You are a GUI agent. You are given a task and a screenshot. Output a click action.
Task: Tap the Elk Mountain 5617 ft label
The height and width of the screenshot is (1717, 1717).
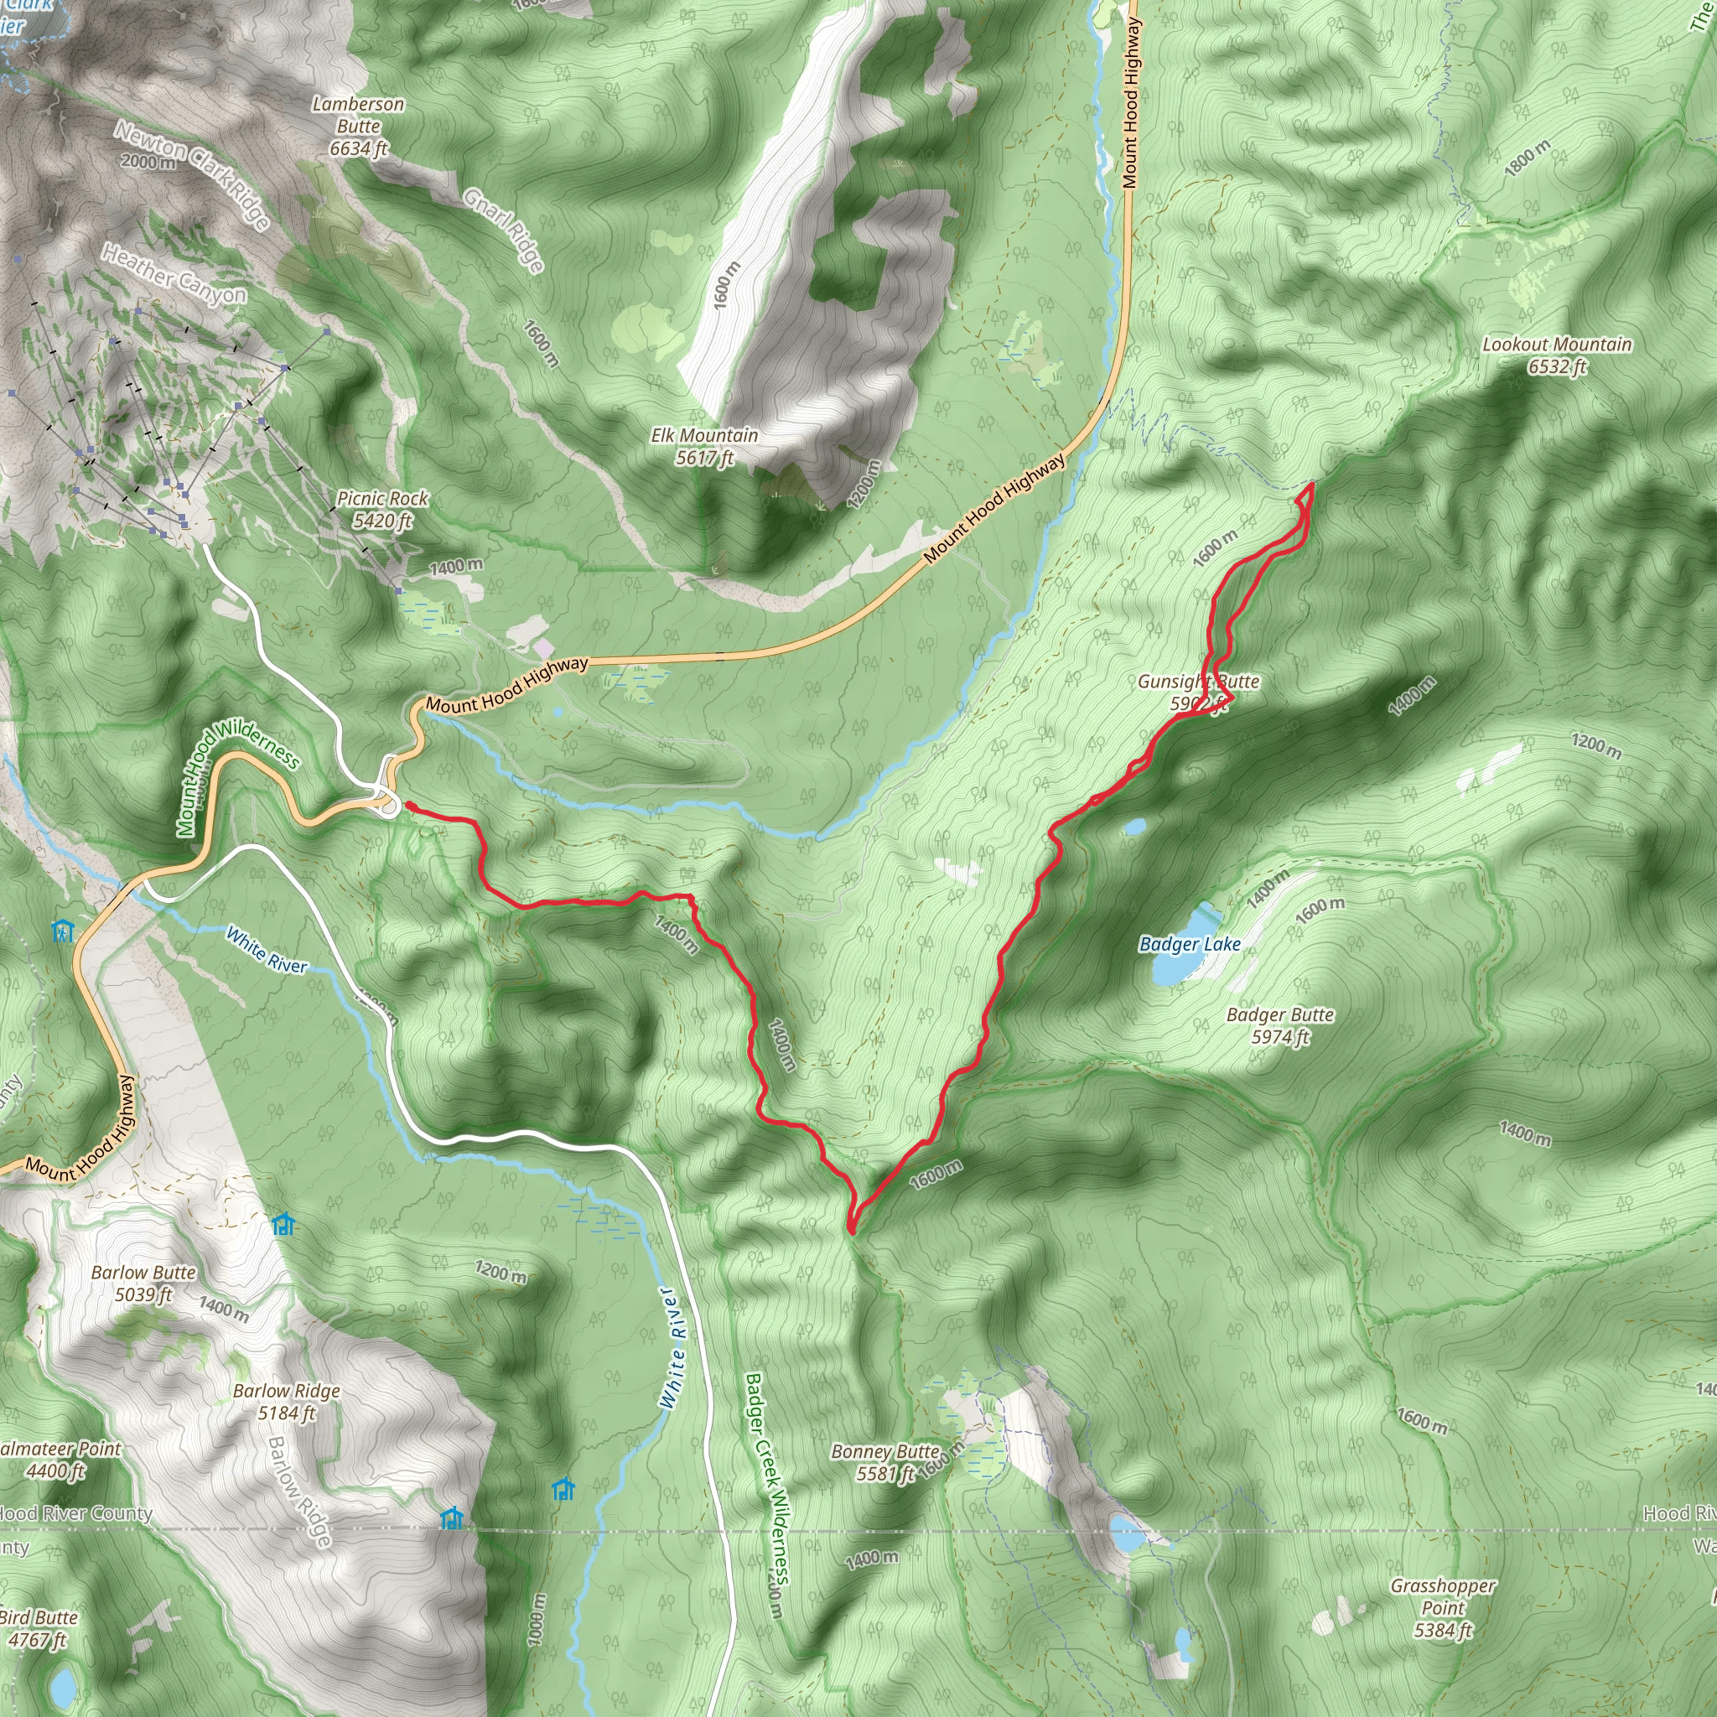point(704,446)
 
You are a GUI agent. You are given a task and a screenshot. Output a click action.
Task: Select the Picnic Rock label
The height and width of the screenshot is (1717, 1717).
point(382,509)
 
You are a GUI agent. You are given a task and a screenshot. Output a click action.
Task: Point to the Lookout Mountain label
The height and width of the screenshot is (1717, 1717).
point(1556,355)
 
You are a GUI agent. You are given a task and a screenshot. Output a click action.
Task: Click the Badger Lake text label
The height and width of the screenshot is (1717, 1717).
point(1189,944)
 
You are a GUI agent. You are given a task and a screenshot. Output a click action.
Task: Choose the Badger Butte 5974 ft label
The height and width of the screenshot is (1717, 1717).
point(1279,1025)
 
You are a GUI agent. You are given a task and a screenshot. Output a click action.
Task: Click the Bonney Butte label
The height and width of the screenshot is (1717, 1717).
point(885,1462)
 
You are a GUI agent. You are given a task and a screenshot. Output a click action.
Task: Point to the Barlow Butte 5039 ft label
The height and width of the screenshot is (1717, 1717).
point(143,1284)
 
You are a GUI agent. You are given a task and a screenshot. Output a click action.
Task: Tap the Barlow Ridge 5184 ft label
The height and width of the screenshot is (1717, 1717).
point(286,1402)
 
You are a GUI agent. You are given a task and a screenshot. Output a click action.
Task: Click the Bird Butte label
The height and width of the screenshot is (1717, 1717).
point(39,1628)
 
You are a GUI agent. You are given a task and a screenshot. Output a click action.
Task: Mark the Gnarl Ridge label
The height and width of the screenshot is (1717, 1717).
point(503,231)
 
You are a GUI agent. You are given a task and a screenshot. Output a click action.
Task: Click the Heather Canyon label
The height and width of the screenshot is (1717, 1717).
point(174,273)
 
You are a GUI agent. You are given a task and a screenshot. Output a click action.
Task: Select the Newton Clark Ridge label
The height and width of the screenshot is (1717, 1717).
point(191,175)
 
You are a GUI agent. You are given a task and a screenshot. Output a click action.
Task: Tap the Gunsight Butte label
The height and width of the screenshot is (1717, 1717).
point(1198,692)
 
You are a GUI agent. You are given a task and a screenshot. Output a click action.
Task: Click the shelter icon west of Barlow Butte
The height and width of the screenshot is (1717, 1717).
point(283,1226)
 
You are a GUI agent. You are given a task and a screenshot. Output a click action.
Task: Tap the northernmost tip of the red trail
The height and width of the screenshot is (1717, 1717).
point(1312,484)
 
